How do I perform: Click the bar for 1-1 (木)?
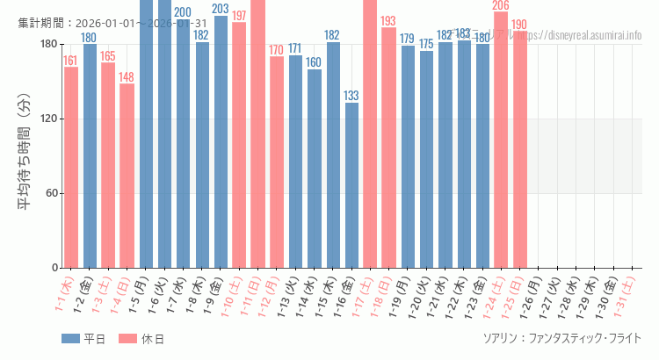tap(70, 167)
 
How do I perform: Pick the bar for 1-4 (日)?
tap(127, 176)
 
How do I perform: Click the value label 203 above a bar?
tap(221, 9)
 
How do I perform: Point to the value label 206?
tap(501, 5)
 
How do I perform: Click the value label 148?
tap(127, 76)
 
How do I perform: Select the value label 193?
tap(388, 21)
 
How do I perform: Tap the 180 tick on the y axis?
tap(48, 45)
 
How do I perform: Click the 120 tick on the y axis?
tap(48, 119)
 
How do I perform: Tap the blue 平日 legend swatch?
tap(71, 339)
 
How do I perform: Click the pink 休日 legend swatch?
tap(127, 339)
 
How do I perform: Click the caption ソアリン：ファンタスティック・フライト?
tap(561, 338)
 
